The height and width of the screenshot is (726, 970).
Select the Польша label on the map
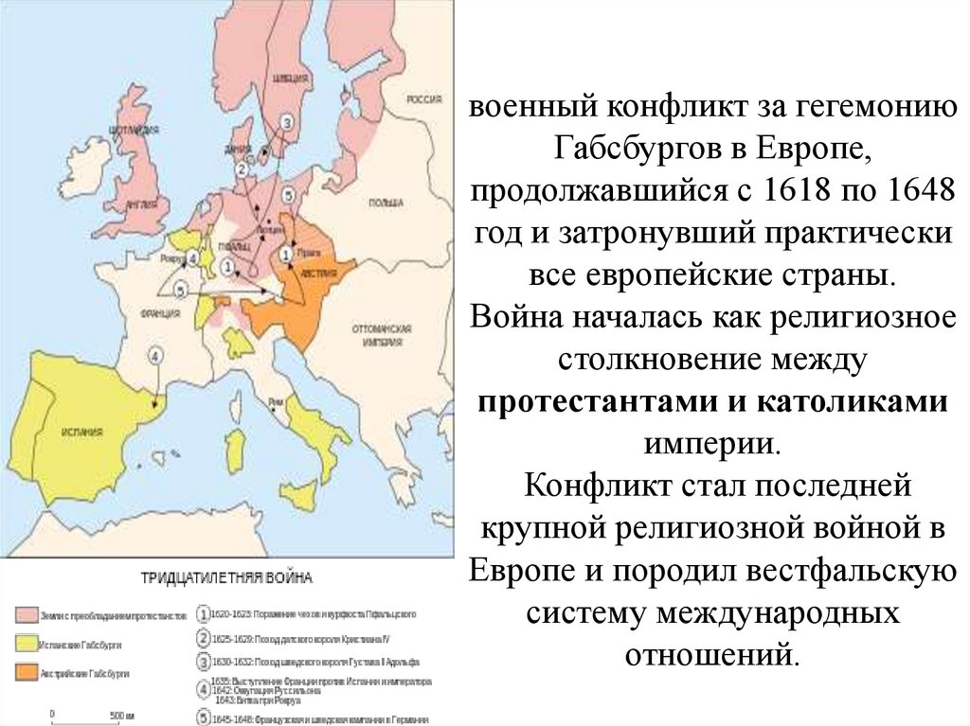click(386, 203)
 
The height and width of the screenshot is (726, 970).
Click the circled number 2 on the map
click(242, 169)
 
